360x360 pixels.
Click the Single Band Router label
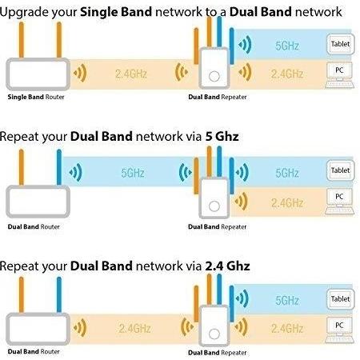click(x=36, y=97)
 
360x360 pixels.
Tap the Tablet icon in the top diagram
click(x=341, y=44)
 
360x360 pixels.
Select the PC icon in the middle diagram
click(x=339, y=202)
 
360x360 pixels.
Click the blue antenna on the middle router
click(x=59, y=167)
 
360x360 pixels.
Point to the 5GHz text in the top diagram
click(x=287, y=46)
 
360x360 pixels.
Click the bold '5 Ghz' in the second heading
click(x=222, y=136)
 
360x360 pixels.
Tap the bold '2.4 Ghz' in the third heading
click(x=227, y=266)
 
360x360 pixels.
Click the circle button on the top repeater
click(x=214, y=76)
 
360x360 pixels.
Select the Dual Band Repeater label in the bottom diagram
click(x=217, y=353)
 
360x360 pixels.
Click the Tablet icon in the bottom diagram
click(x=341, y=299)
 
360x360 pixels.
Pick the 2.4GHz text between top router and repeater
click(x=131, y=74)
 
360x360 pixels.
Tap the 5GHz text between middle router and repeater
click(x=133, y=173)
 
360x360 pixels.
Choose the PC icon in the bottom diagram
click(x=339, y=330)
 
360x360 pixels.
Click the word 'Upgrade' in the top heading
click(x=24, y=12)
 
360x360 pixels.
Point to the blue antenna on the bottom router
click(x=59, y=294)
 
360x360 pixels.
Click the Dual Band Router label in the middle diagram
click(x=34, y=227)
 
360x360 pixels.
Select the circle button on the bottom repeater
click(x=214, y=334)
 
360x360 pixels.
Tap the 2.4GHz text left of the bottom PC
click(x=287, y=328)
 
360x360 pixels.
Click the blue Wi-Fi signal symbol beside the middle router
click(x=75, y=172)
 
